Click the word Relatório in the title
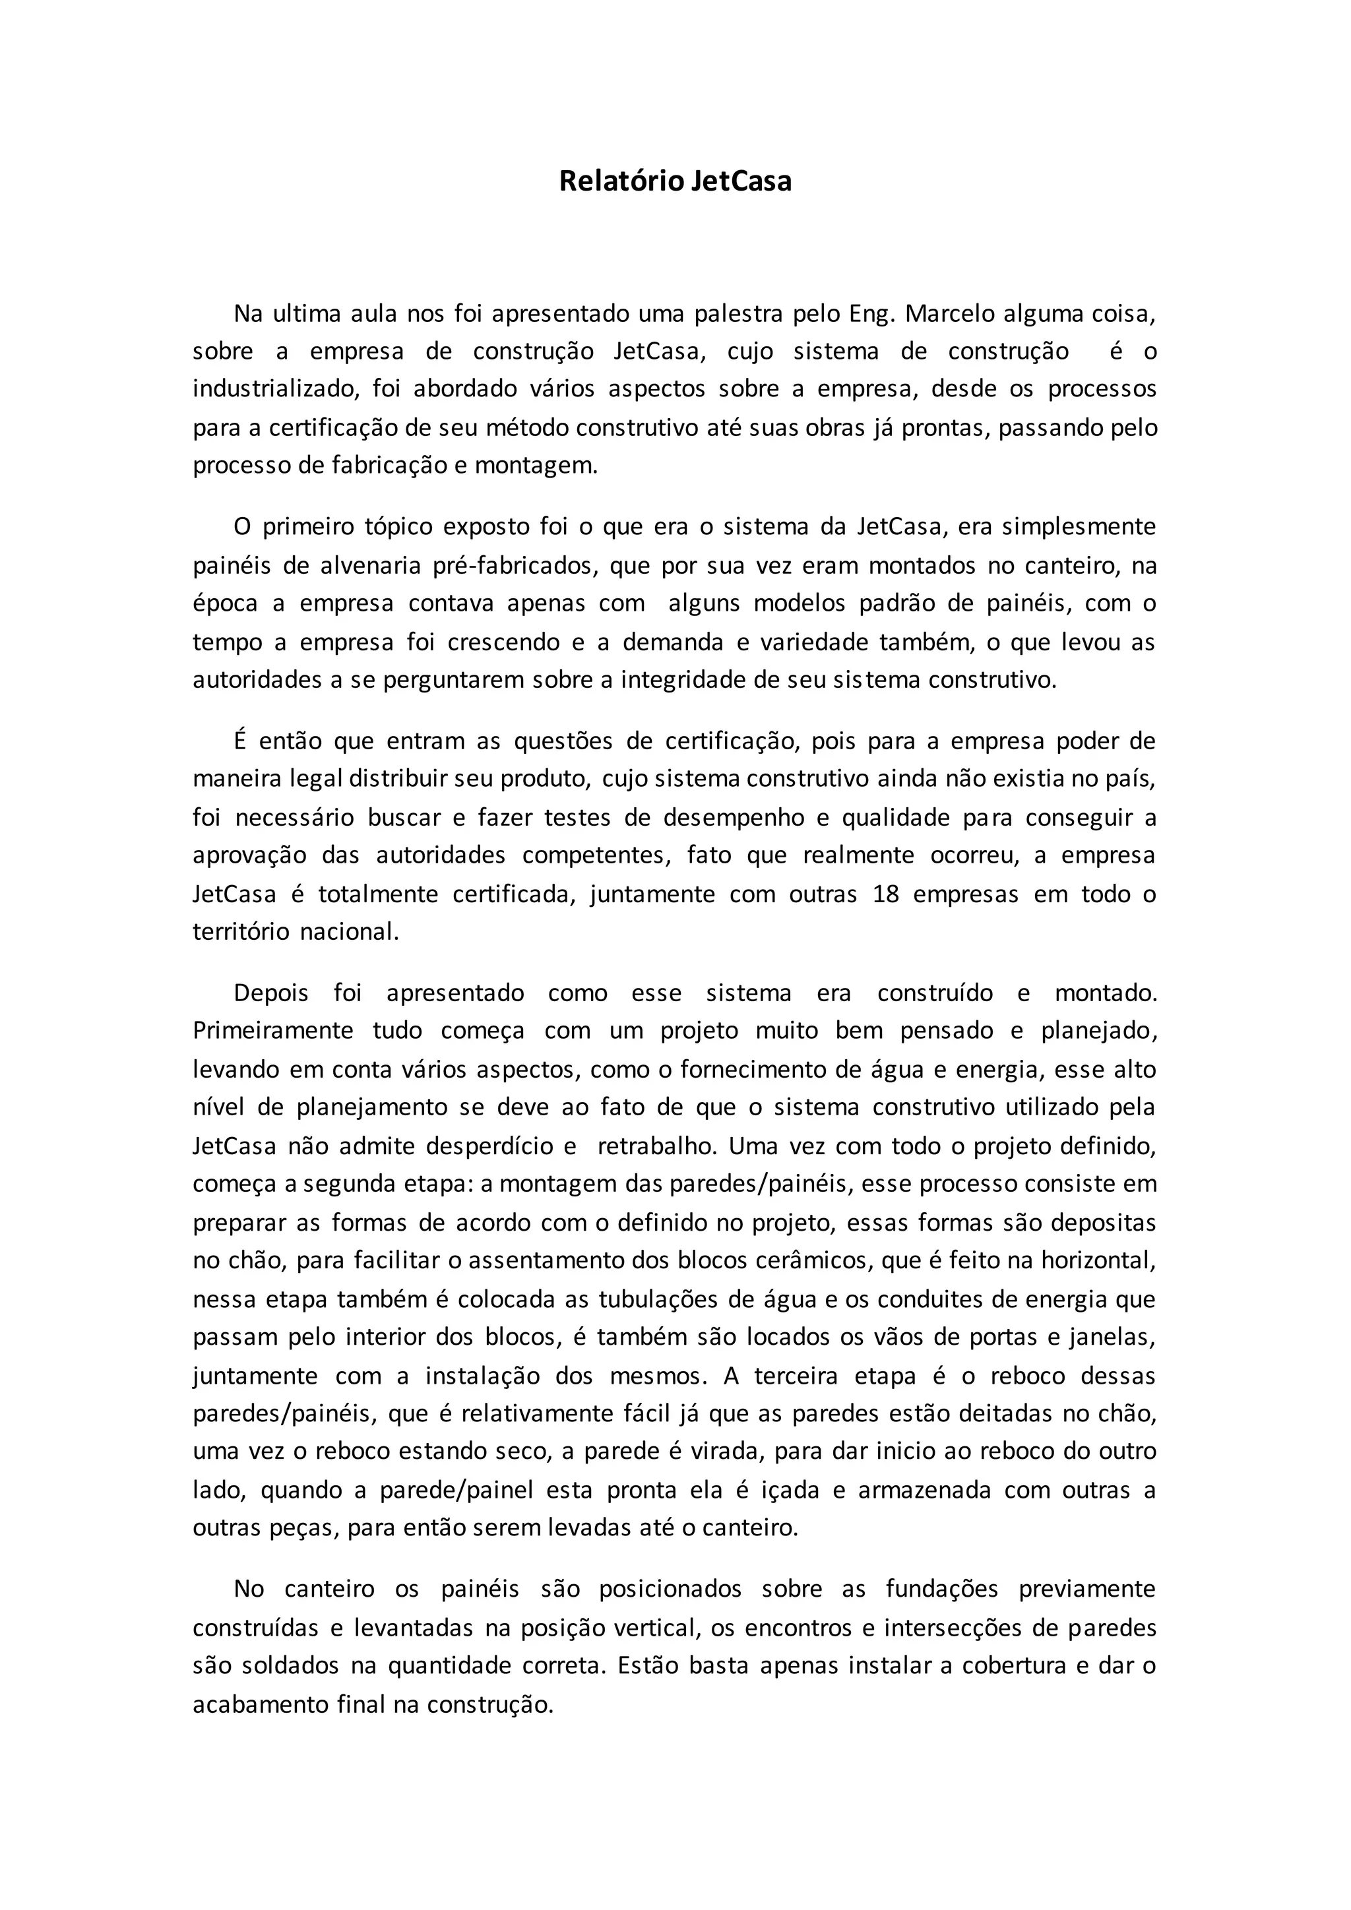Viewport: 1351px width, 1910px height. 621,181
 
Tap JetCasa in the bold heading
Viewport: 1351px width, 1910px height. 741,181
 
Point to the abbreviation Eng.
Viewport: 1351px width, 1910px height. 872,315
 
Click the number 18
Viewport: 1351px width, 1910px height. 886,894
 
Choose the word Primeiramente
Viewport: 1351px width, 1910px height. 273,1031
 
